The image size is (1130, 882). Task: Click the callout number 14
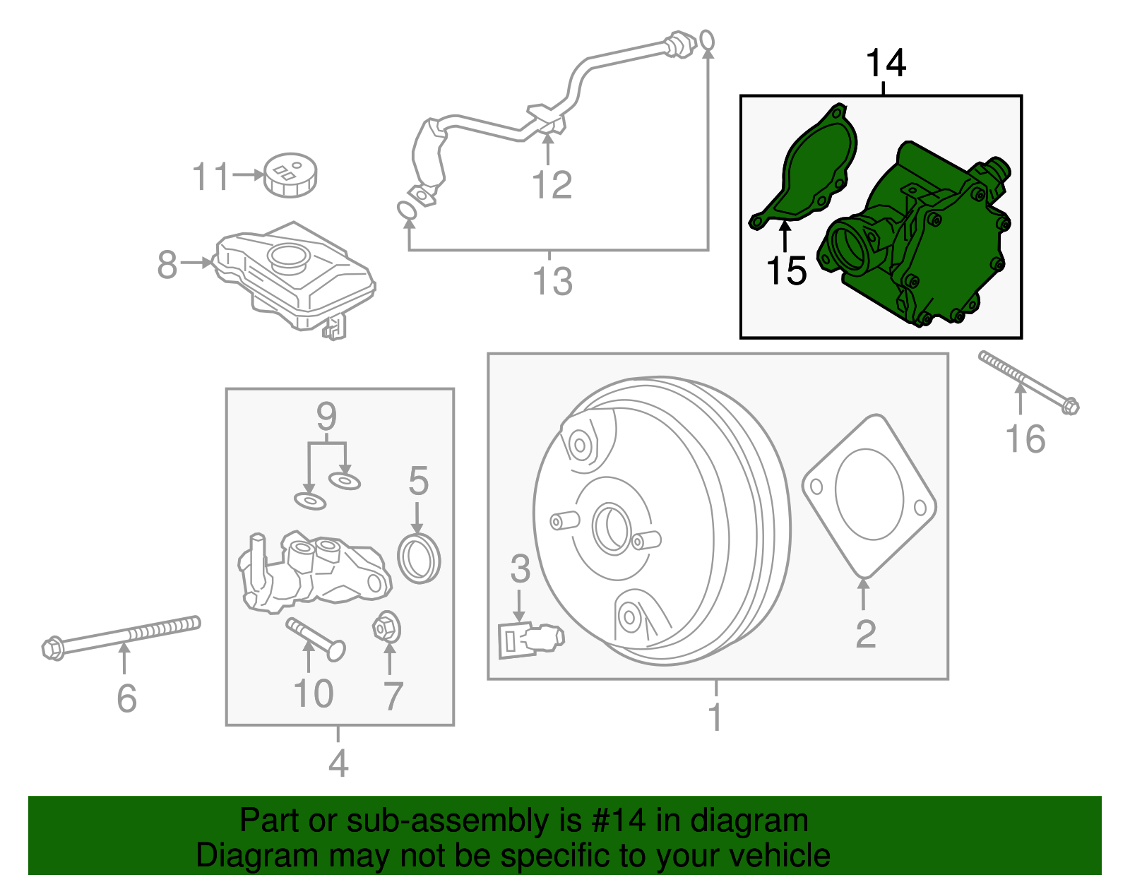coord(886,64)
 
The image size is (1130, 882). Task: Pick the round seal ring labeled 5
coord(419,559)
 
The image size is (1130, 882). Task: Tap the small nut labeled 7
coord(386,626)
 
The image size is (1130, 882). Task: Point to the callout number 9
coord(326,417)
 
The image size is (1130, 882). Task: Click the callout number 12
coord(552,186)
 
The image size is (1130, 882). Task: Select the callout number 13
coord(552,281)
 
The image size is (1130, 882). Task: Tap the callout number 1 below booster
coord(715,717)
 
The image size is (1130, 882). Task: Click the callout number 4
coord(338,763)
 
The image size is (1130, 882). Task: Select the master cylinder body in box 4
coord(311,572)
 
